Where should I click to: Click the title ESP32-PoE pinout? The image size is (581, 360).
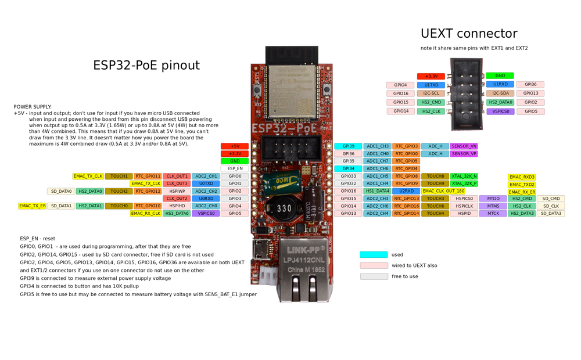click(146, 65)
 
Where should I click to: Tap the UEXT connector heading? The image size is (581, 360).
click(468, 33)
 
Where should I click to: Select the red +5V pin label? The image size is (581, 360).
click(235, 146)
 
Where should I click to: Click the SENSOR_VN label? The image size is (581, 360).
click(464, 146)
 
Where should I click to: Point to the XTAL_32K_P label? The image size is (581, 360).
click(464, 183)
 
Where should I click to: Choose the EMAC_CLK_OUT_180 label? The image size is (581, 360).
click(443, 191)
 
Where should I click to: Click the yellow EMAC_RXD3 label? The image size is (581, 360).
click(522, 177)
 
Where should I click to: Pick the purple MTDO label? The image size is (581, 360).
click(493, 199)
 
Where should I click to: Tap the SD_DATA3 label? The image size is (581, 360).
click(551, 214)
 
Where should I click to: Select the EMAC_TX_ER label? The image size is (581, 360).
click(32, 206)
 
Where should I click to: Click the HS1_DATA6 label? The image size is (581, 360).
click(177, 214)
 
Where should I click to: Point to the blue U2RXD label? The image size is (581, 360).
click(407, 191)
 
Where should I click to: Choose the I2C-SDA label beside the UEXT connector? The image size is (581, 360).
click(500, 93)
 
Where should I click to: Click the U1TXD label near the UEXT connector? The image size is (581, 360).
click(431, 85)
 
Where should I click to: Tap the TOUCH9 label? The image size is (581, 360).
click(435, 183)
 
